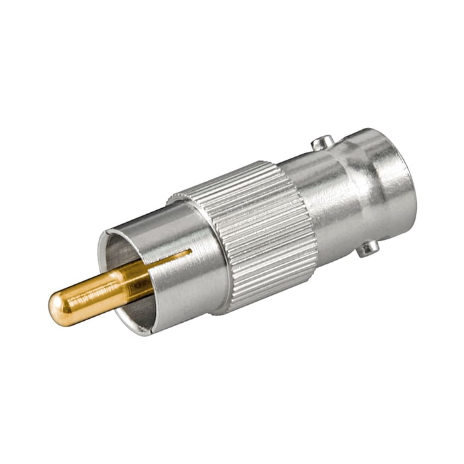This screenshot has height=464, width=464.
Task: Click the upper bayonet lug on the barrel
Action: (x=323, y=142)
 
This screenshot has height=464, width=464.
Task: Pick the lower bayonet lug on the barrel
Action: (x=368, y=249)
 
